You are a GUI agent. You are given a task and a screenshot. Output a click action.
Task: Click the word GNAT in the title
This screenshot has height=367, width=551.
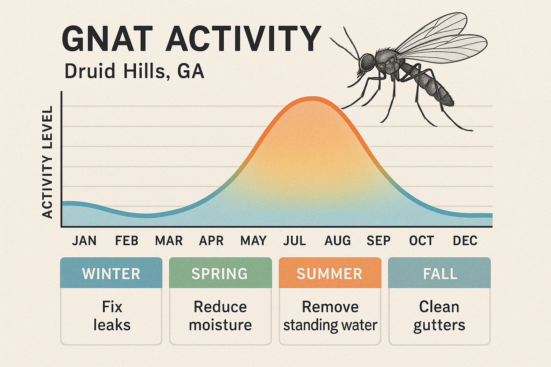[107, 38]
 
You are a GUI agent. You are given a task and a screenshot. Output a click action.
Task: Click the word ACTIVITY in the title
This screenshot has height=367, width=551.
[243, 38]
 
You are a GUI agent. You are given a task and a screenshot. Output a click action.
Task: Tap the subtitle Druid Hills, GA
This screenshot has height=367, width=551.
[134, 71]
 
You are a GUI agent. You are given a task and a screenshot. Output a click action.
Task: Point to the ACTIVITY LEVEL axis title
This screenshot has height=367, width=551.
[48, 162]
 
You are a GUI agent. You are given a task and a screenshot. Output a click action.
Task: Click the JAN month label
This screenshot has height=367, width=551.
[84, 240]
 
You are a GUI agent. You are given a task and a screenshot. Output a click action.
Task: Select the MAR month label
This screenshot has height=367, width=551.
[169, 240]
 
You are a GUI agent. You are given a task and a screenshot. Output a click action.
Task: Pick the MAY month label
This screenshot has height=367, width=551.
[254, 240]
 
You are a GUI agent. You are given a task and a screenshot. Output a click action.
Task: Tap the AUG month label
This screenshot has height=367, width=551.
[338, 240]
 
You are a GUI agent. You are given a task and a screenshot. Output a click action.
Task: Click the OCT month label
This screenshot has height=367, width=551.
[422, 240]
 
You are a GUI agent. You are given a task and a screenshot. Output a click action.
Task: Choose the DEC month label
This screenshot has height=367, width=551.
[465, 240]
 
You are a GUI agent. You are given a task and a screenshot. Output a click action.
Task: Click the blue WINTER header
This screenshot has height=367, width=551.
[111, 273]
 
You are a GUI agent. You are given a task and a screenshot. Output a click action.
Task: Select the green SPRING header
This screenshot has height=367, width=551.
[220, 273]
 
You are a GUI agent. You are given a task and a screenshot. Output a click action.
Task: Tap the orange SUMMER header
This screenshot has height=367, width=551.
[330, 273]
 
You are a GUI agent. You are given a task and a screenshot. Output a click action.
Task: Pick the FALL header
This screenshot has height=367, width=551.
[440, 273]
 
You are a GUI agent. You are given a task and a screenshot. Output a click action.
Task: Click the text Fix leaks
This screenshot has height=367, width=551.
[112, 316]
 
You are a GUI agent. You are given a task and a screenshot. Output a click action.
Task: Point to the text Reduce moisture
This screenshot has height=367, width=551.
[220, 316]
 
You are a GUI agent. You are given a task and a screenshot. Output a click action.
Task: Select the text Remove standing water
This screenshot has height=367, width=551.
[330, 316]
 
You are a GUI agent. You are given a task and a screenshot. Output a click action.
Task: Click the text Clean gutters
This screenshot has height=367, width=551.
[439, 316]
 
